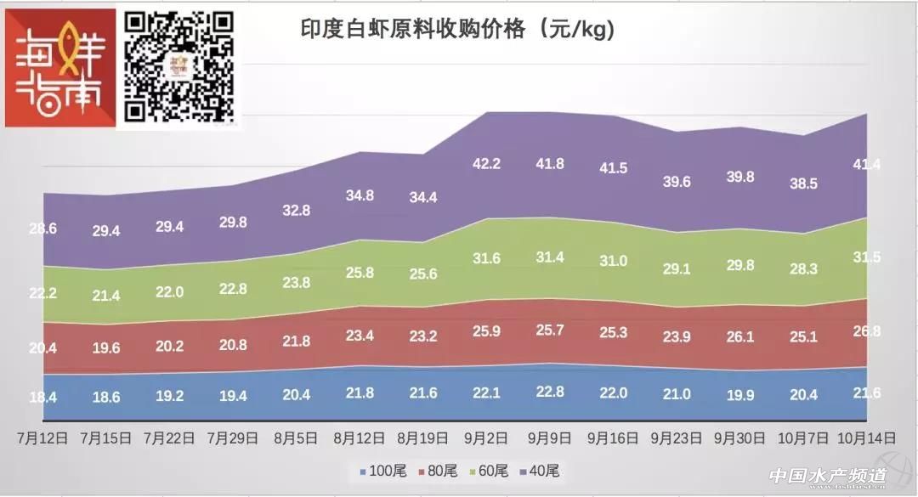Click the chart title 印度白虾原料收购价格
tap(456, 30)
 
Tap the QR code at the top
tap(179, 66)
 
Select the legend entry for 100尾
tap(387, 471)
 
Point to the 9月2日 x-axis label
tap(486, 438)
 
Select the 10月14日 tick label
tap(867, 438)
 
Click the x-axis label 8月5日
tap(295, 438)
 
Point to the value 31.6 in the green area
tap(487, 258)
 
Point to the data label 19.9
tap(739, 393)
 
